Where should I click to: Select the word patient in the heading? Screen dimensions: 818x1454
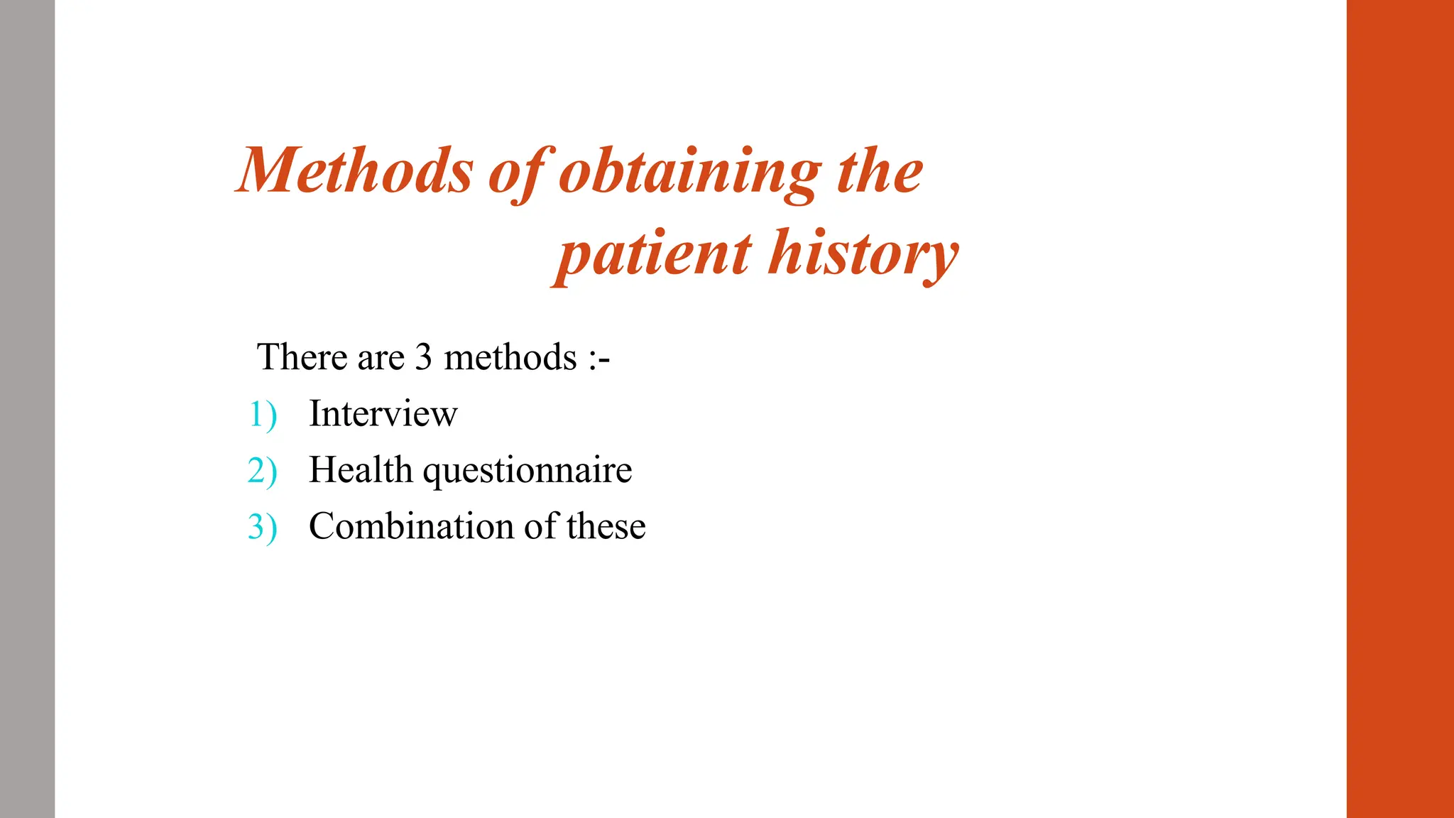[653, 254]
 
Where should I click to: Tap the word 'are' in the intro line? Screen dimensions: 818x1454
[381, 358]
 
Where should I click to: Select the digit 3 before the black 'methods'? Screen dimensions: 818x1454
[424, 356]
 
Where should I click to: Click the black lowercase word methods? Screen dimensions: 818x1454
[510, 356]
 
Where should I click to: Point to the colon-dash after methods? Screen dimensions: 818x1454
[599, 358]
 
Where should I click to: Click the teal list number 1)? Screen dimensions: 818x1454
[263, 414]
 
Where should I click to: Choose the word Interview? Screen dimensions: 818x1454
[383, 413]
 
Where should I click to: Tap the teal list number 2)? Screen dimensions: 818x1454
[262, 471]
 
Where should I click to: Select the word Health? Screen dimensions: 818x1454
[361, 470]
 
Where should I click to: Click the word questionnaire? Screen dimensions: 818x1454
[528, 471]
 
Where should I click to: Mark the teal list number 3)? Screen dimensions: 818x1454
[262, 527]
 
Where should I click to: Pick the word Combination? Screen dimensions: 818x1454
[411, 526]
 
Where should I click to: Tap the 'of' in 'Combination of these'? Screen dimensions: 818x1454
[540, 526]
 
